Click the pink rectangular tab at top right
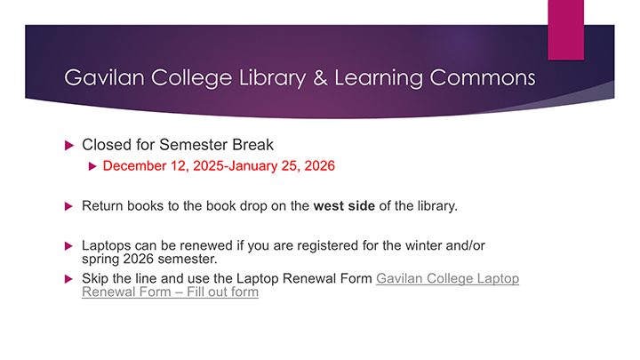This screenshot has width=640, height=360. (x=565, y=29)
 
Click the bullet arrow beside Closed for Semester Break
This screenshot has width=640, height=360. (x=70, y=144)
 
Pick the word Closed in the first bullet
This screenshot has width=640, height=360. (x=105, y=144)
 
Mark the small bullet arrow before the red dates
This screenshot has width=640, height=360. (x=92, y=165)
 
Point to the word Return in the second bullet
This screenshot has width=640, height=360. (x=102, y=206)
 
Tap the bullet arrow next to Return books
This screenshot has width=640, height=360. (x=70, y=206)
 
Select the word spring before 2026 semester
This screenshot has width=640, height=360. (x=100, y=259)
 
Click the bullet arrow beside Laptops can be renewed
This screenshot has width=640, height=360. (x=70, y=244)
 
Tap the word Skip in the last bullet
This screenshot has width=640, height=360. (x=97, y=279)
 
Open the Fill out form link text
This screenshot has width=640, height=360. (x=220, y=292)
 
